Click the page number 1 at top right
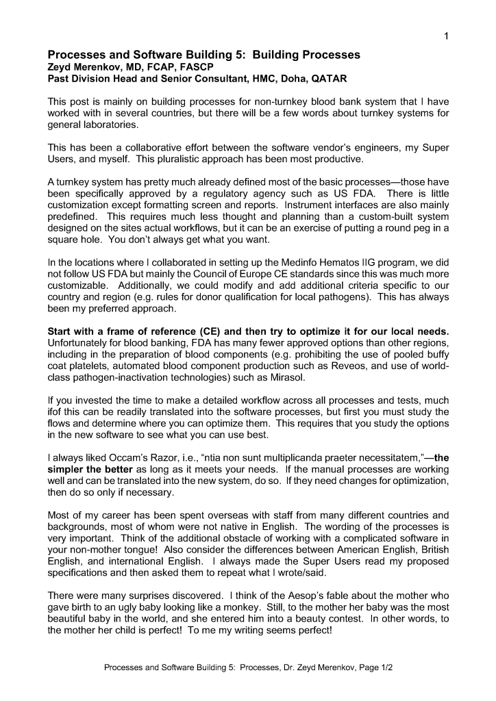point(446,36)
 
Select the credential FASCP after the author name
point(186,68)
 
